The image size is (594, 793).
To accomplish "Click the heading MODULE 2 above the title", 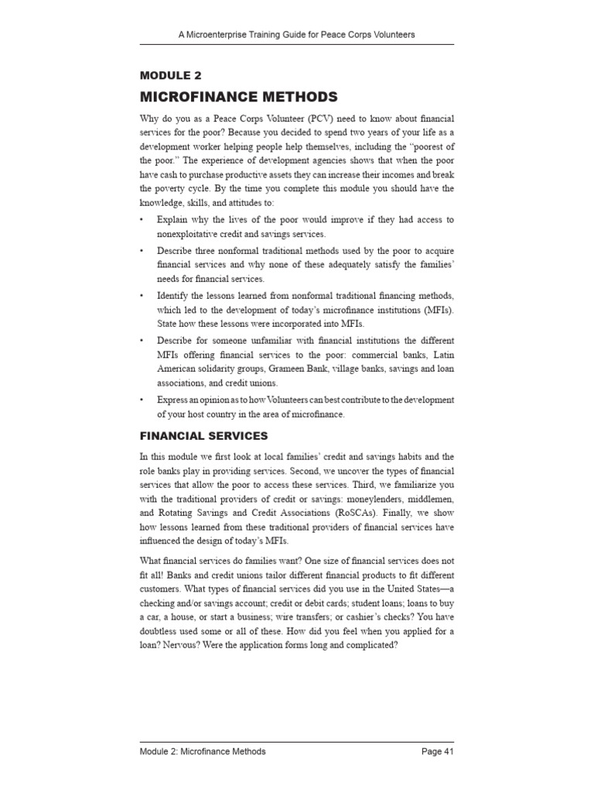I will (170, 75).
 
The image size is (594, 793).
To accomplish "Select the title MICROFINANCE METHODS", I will (238, 97).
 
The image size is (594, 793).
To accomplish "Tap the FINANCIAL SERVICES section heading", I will (203, 437).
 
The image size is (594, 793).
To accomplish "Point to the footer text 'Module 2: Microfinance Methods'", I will (203, 751).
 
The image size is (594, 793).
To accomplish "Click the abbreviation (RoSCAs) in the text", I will (371, 513).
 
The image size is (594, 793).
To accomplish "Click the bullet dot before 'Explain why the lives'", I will (142, 220).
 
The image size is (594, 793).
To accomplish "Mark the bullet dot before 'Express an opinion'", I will (142, 400).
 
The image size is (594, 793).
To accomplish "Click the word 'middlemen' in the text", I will (424, 499).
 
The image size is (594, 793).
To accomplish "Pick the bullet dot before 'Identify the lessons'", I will (142, 296).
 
